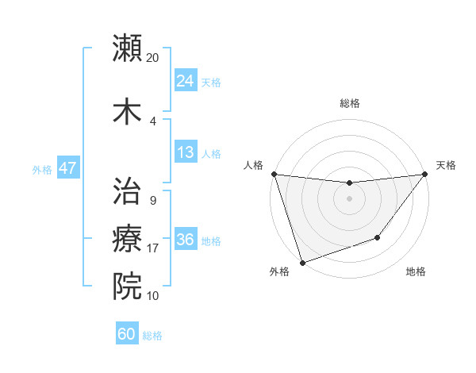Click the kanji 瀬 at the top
(x=128, y=48)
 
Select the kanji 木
(x=128, y=111)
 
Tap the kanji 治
(x=128, y=190)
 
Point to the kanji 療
(x=128, y=238)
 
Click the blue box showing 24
(x=185, y=81)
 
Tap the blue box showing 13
(x=185, y=152)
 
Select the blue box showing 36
(x=185, y=240)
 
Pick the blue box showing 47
(x=67, y=168)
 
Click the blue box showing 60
(x=126, y=334)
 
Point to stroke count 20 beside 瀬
(x=152, y=58)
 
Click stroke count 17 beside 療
(x=152, y=248)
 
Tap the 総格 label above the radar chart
(x=349, y=103)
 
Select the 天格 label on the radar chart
(x=446, y=165)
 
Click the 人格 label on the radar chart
(x=254, y=165)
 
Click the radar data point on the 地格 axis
(x=378, y=237)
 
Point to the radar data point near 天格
(x=424, y=174)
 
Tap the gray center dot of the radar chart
(x=349, y=198)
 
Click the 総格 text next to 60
(x=152, y=335)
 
